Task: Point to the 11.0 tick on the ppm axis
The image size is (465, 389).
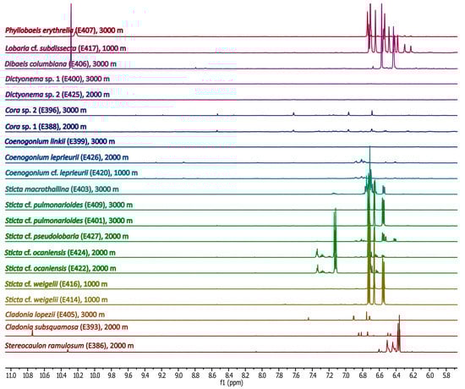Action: (12, 372)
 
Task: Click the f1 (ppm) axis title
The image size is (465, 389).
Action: (229, 382)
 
